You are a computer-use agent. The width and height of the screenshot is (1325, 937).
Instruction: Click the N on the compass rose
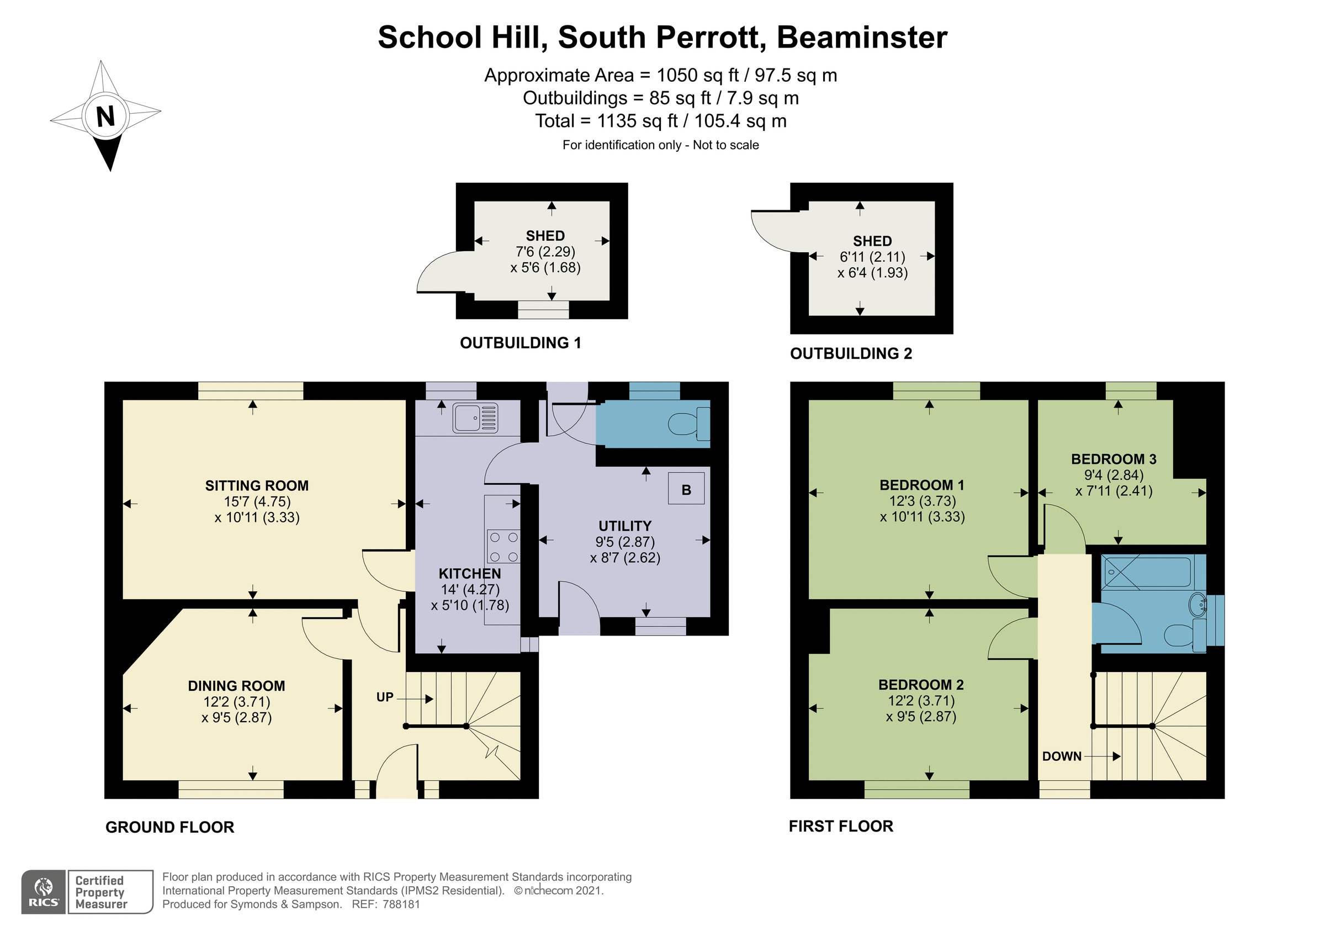105,117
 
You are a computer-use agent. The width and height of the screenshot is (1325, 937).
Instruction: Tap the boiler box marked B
686,490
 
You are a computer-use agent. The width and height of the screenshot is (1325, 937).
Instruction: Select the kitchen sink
475,417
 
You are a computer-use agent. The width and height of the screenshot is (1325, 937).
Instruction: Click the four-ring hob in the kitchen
503,546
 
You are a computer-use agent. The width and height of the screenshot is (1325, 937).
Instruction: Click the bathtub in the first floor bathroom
1147,571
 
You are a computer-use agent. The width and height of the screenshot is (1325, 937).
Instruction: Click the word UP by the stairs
384,697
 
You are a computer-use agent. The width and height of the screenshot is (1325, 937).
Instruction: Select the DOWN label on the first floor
1061,756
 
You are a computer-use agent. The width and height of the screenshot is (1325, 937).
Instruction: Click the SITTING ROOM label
257,485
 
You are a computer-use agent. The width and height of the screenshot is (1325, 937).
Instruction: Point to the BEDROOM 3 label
1113,459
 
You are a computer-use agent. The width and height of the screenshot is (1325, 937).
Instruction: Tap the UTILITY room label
624,526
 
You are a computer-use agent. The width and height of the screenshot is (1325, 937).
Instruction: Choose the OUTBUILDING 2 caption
851,353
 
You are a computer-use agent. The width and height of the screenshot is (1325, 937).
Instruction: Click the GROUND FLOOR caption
169,827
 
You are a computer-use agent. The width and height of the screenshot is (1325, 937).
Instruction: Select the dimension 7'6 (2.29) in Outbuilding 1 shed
545,252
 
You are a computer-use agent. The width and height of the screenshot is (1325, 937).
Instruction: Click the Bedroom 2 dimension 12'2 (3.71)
921,701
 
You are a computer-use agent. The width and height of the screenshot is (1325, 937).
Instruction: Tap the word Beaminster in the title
862,38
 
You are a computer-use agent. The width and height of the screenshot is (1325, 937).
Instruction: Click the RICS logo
43,892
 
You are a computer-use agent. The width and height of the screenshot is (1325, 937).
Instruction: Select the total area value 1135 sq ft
637,121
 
